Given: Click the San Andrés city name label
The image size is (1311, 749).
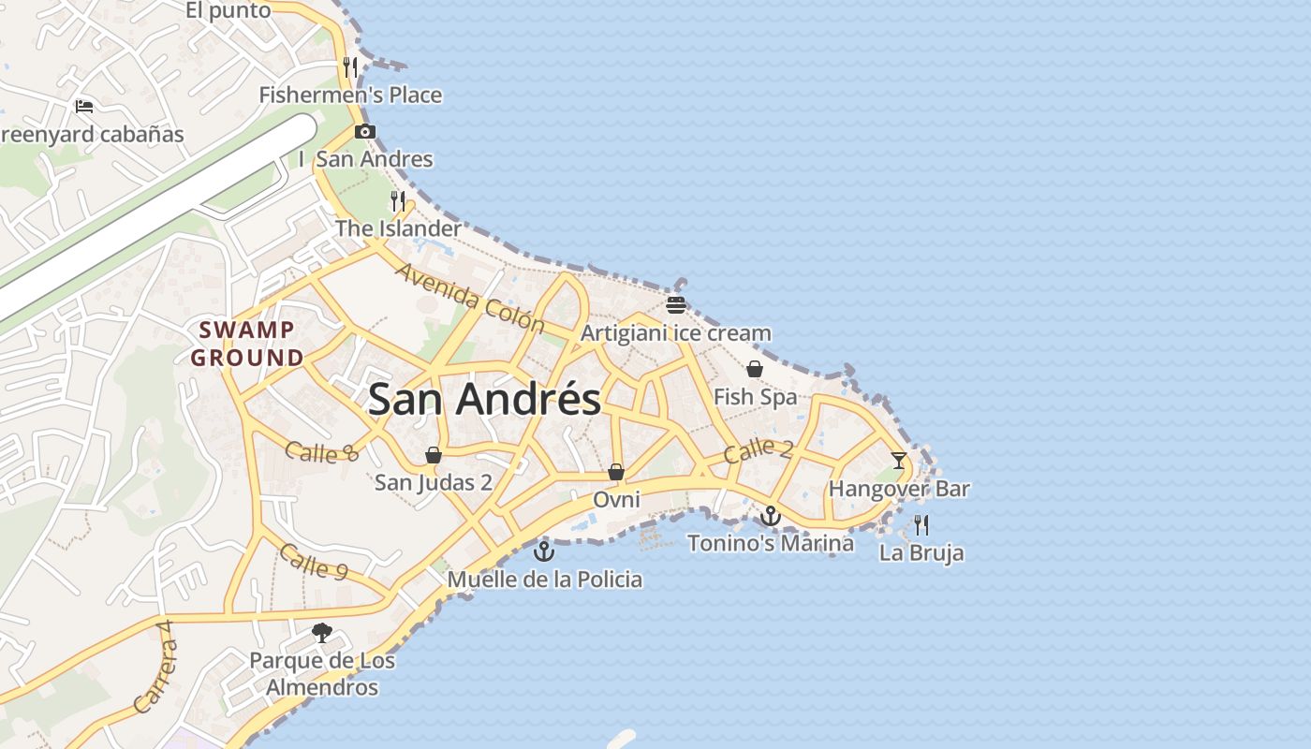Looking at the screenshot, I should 484,400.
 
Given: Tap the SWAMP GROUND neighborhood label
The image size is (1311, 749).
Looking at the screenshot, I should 247,344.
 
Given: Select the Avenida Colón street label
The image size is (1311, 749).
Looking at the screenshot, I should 470,299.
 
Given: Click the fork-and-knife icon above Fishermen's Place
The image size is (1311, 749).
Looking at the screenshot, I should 350,67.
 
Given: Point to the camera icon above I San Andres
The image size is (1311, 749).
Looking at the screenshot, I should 365,132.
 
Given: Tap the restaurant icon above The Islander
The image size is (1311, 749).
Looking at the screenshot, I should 399,200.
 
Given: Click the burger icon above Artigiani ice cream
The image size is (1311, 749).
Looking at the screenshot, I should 676,304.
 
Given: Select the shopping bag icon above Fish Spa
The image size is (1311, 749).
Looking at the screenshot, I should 755,369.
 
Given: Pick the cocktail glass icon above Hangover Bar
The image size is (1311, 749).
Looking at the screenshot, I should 899,460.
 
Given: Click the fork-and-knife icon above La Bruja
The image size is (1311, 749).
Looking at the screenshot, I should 921,524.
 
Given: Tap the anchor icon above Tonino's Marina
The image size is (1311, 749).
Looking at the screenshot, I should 771,515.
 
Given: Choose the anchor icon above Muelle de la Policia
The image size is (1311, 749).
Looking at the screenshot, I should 544,551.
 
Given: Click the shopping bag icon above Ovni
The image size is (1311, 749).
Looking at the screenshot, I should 616,472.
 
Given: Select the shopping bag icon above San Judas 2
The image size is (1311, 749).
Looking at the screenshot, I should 434,455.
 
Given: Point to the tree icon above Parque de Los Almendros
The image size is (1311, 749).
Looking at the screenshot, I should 322,633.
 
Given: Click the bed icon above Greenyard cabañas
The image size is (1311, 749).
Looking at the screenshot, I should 84,106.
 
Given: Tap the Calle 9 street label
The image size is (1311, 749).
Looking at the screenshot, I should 314,561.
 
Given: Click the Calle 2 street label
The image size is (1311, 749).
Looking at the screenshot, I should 759,449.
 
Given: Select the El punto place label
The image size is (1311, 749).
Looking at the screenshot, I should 228,10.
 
